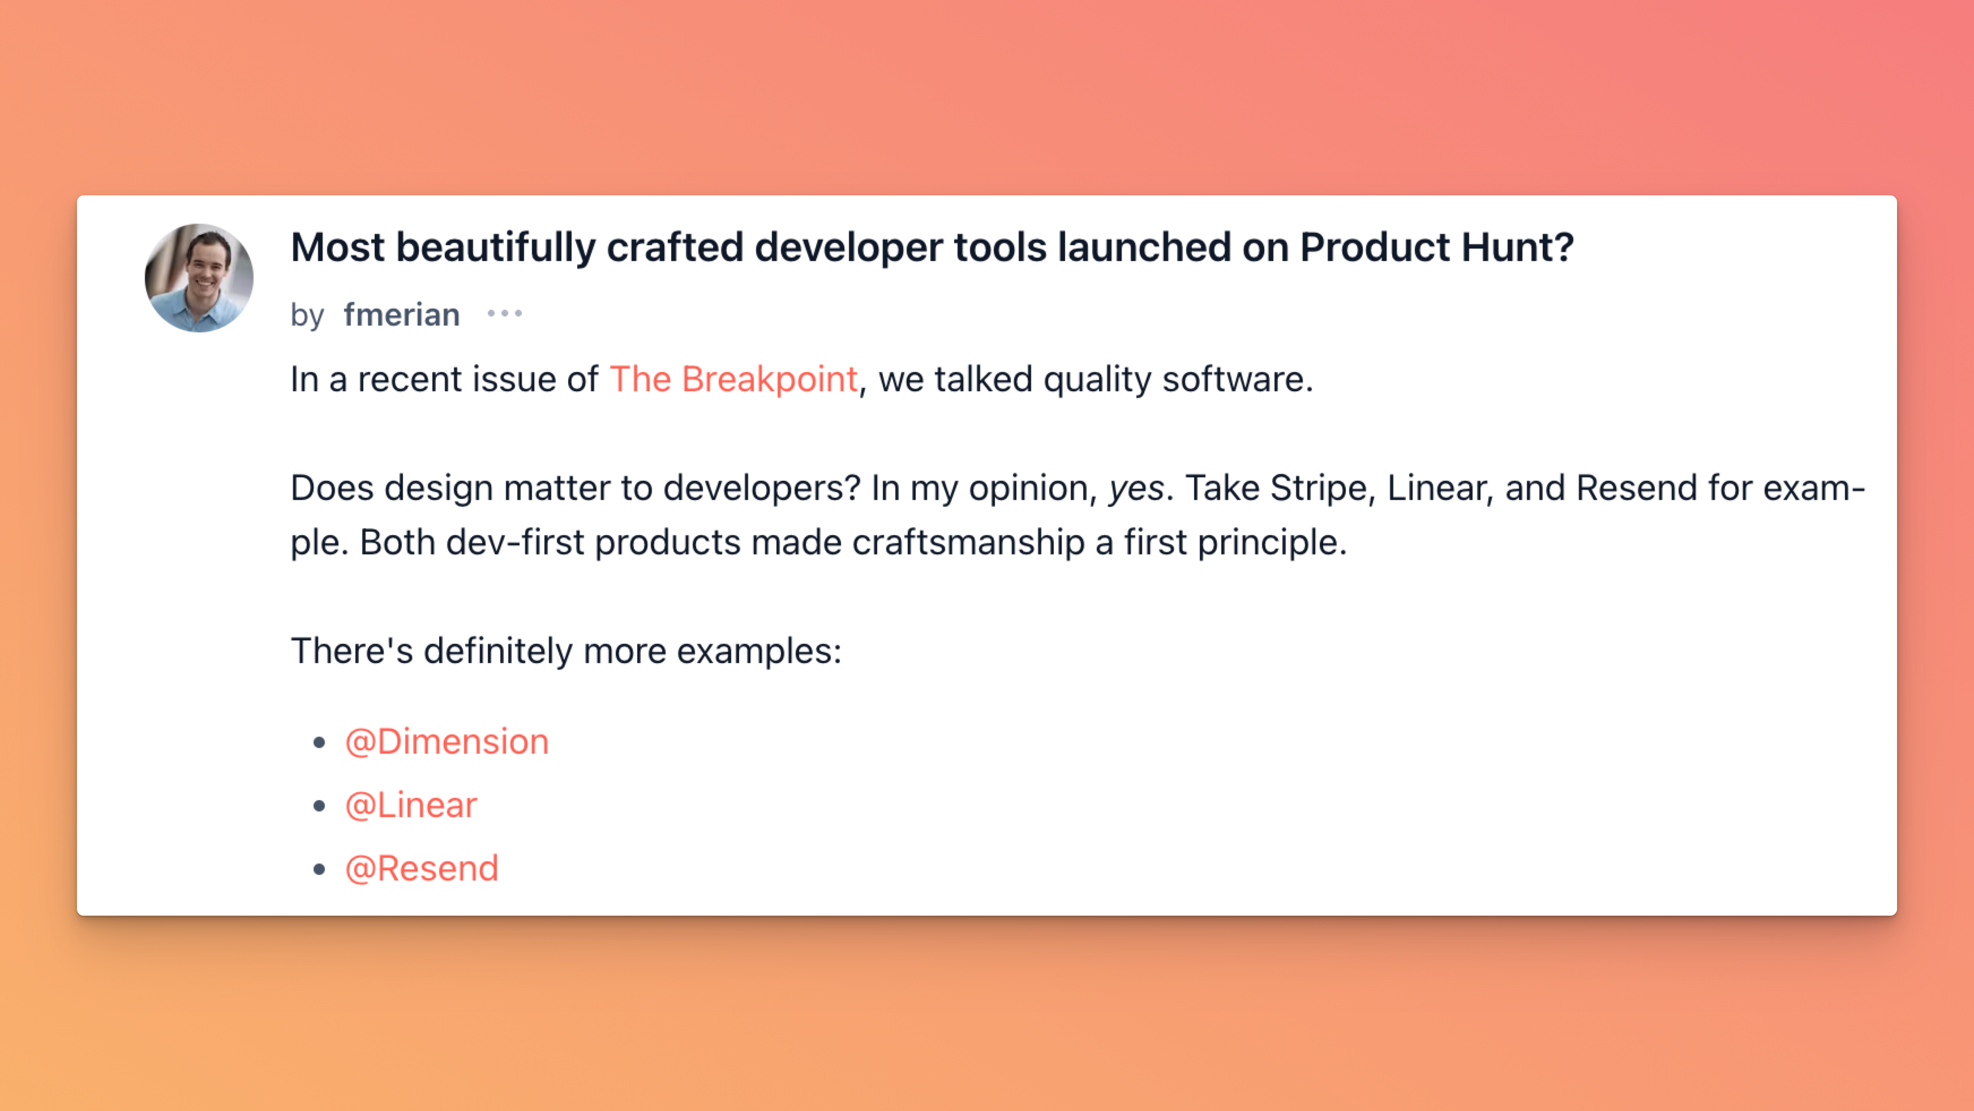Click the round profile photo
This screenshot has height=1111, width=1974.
(199, 277)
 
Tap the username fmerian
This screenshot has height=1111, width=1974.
(402, 314)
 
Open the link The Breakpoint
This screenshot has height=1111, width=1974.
(733, 379)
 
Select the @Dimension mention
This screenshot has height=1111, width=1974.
(447, 741)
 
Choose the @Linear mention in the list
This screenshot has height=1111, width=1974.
(411, 805)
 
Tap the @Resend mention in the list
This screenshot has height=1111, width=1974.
(422, 869)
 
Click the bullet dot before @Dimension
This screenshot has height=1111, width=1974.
(320, 742)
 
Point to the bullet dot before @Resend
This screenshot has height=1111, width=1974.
(320, 869)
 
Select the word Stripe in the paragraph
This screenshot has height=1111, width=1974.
(1318, 488)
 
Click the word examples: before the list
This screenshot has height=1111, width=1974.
(758, 652)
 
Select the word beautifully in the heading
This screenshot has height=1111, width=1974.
(496, 247)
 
